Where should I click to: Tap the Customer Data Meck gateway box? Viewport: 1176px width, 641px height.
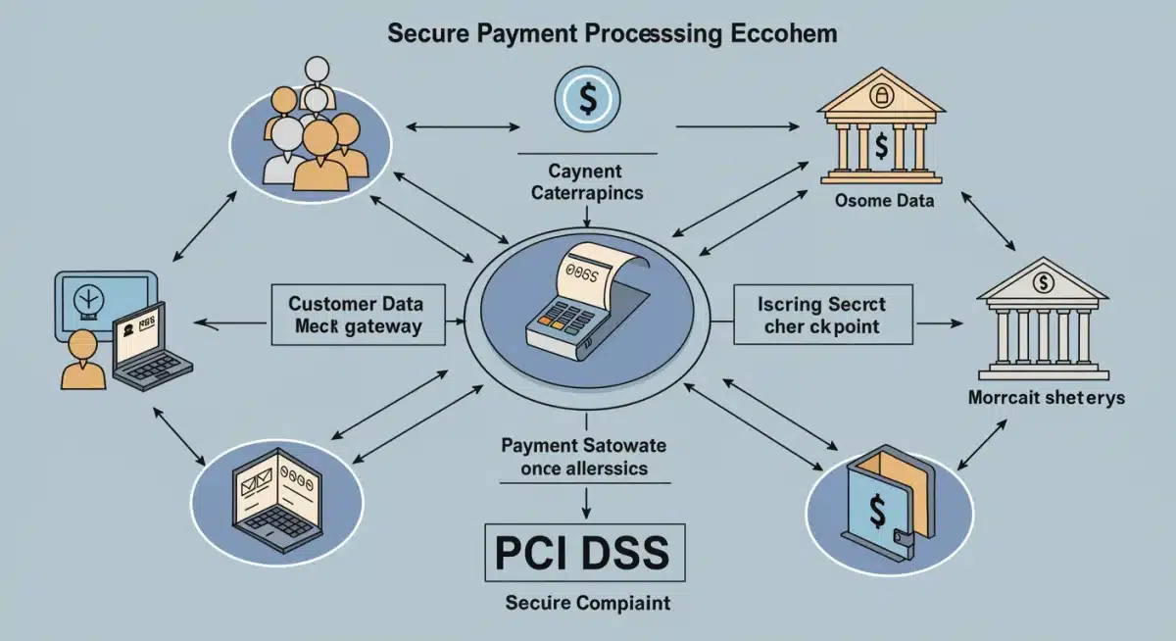pyautogui.click(x=357, y=314)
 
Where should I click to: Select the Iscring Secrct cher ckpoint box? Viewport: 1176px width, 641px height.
pyautogui.click(x=822, y=314)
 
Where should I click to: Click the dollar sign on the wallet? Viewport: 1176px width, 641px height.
pyautogui.click(x=877, y=511)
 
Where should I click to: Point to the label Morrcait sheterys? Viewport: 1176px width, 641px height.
pyautogui.click(x=1046, y=398)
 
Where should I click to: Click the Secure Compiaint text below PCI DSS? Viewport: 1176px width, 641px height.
pyautogui.click(x=587, y=603)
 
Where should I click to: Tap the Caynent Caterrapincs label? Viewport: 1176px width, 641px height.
pyautogui.click(x=586, y=183)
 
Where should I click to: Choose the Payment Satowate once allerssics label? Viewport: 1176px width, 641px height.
pyautogui.click(x=584, y=457)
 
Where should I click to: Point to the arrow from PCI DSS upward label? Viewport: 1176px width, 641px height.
pyautogui.click(x=586, y=501)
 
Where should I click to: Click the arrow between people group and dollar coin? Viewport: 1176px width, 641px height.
pyautogui.click(x=462, y=125)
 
